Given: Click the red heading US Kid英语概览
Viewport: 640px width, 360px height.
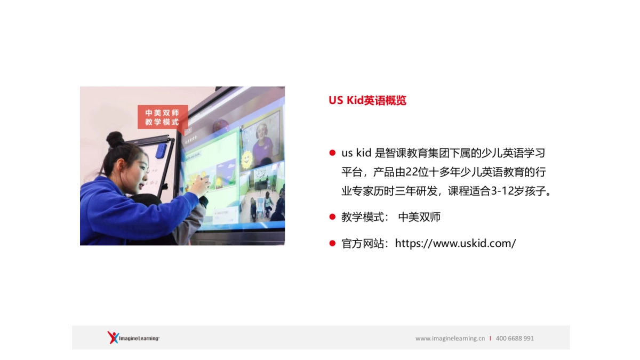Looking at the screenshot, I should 367,100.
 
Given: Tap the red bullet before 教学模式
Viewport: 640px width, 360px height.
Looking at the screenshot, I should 332,217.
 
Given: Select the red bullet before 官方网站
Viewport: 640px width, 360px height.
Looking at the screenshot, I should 332,244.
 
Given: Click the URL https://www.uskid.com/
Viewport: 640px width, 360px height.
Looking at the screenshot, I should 455,244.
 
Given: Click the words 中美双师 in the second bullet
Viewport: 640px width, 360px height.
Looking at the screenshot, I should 419,217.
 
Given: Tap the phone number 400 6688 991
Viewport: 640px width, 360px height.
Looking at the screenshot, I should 515,338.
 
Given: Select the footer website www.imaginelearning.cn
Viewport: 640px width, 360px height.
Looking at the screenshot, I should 450,338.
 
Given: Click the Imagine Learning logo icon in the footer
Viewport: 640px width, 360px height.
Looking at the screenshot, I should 113,337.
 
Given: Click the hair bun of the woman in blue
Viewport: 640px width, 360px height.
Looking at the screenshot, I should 115,139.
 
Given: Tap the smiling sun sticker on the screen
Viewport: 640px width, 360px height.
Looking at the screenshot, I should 247,158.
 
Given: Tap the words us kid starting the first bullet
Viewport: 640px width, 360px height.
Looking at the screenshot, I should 356,153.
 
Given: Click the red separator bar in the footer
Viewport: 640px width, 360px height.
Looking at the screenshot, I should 490,338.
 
